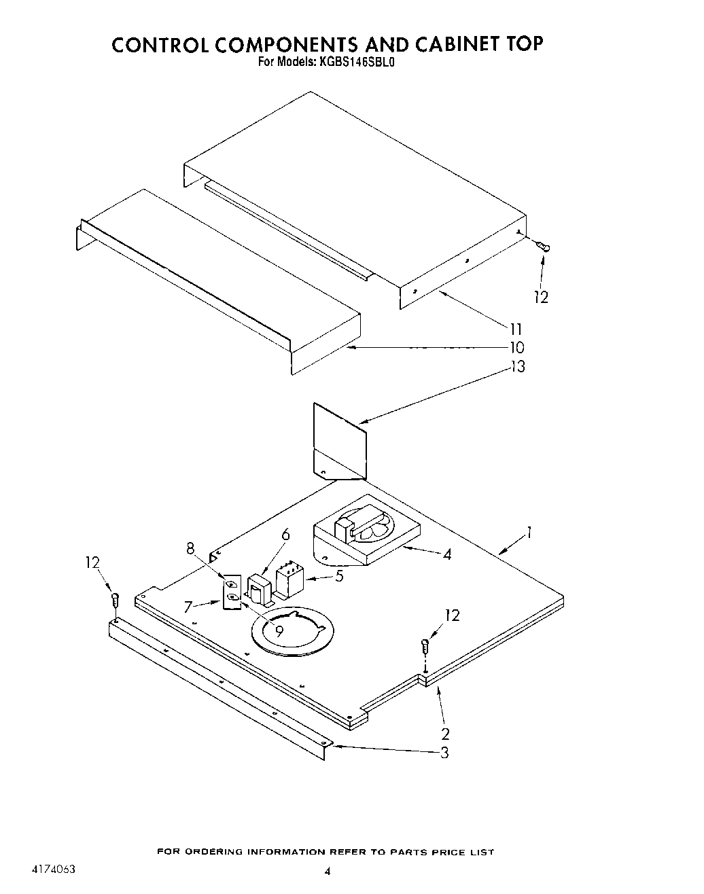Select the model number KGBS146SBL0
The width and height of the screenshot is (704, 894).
click(353, 62)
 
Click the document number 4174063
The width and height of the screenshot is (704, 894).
click(53, 869)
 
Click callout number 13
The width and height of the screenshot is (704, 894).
click(517, 367)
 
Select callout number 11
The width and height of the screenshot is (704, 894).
click(516, 329)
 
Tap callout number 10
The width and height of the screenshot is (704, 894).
click(516, 348)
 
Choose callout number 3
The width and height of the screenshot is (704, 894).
click(444, 753)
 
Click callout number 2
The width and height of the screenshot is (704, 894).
click(445, 734)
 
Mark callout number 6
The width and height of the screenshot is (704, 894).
click(285, 535)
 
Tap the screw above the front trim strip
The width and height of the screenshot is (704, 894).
click(115, 600)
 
